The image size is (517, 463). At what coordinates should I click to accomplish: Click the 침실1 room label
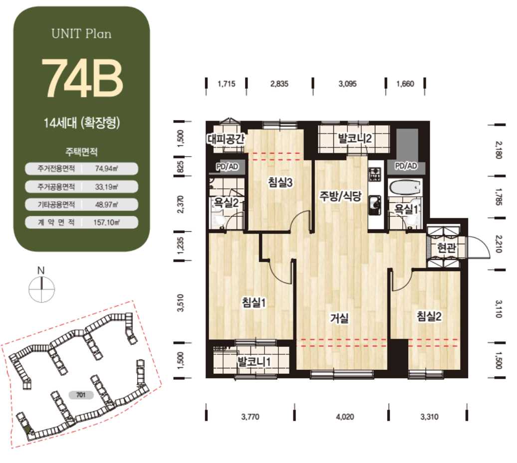[254, 303]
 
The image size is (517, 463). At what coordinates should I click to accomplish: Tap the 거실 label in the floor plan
[339, 318]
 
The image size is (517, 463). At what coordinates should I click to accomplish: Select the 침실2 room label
[429, 316]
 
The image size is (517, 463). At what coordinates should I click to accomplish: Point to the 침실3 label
[280, 182]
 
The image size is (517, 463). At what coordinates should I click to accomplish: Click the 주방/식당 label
[340, 196]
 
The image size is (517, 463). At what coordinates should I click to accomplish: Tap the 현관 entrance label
[447, 247]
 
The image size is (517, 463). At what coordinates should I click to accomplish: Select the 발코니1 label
[254, 361]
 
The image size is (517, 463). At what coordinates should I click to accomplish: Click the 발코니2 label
[355, 139]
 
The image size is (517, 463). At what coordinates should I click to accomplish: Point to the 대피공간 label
[226, 139]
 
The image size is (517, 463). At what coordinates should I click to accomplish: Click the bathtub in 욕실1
[405, 188]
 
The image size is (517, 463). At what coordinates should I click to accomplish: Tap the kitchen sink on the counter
[375, 204]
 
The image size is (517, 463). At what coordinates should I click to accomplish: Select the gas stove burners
[375, 174]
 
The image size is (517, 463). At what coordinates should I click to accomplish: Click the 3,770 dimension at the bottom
[250, 417]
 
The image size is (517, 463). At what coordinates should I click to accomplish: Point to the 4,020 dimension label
[345, 417]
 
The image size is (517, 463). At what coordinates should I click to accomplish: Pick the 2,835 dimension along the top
[279, 84]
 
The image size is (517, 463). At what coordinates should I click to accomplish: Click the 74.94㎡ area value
[106, 168]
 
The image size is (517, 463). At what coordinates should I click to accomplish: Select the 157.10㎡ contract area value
[106, 222]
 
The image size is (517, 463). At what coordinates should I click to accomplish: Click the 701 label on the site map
[81, 395]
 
